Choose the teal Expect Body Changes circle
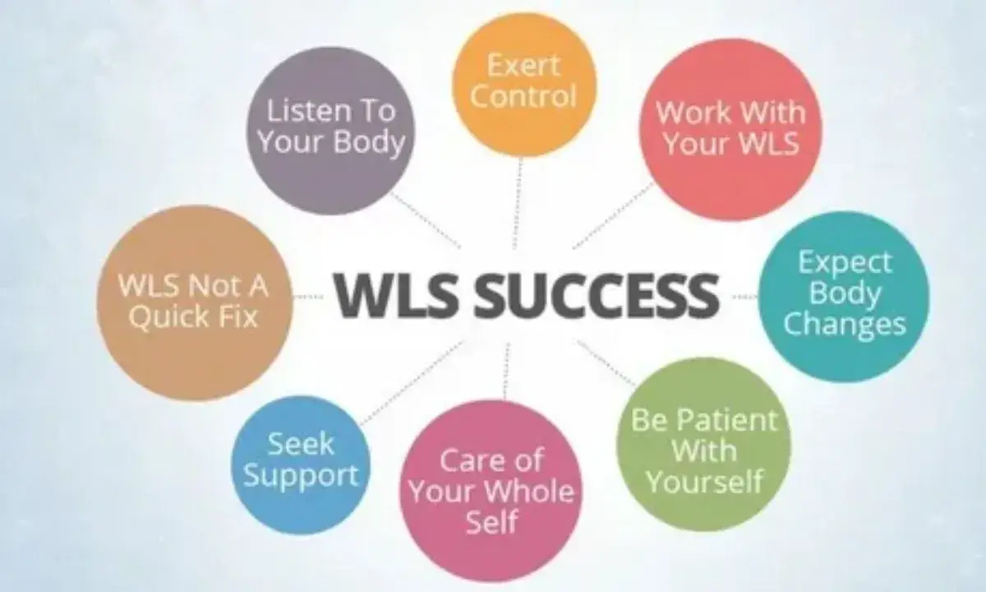(844, 294)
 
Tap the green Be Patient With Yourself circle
(703, 448)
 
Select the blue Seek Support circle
(301, 460)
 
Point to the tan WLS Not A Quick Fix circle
(194, 303)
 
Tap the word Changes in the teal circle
(844, 324)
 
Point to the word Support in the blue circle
(301, 475)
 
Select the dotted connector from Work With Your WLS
(612, 215)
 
